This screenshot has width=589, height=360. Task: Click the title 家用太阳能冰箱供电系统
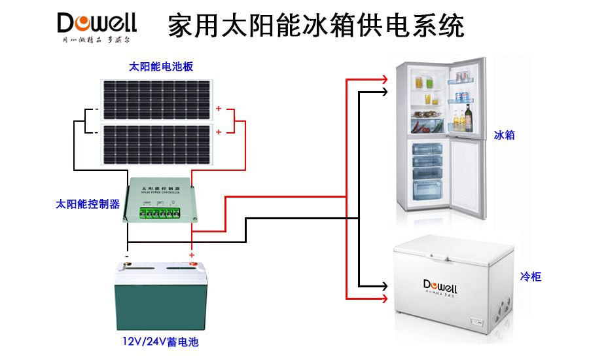point(315,26)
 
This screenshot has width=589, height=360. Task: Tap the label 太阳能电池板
point(161,67)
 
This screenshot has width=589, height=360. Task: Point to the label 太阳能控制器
point(88,204)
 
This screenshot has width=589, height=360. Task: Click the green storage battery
point(158,298)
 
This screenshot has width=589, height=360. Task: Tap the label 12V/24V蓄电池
point(160,342)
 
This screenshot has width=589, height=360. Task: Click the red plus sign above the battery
point(192,255)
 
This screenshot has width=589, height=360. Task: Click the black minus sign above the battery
point(127,255)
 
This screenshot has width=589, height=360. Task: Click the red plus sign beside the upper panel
point(219,109)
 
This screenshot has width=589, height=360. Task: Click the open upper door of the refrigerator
point(466,98)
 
